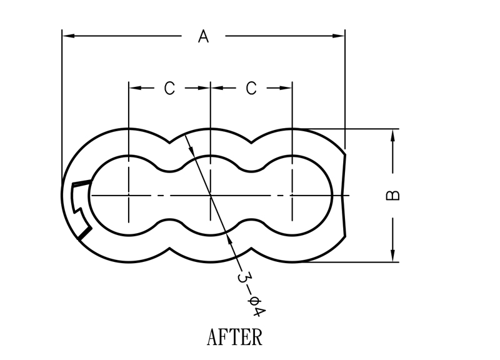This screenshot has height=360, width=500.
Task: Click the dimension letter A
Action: (x=203, y=37)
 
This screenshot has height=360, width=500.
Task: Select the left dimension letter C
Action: (x=169, y=89)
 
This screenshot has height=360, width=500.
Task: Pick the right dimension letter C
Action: (x=251, y=89)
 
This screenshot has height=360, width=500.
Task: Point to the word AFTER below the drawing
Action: (x=234, y=337)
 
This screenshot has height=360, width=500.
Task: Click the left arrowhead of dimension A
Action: (x=67, y=36)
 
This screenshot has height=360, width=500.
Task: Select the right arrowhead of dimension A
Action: (x=339, y=36)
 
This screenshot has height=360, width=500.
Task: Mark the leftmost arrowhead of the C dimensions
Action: (x=134, y=89)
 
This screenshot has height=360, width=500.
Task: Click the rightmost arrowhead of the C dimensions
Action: (x=287, y=89)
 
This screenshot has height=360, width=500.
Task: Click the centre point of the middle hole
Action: (x=211, y=196)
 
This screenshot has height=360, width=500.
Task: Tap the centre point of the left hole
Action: (x=129, y=196)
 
